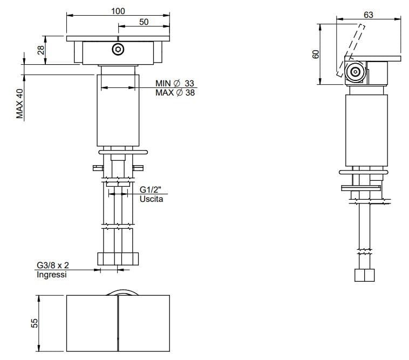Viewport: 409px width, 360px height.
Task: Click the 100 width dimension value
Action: [x=118, y=11]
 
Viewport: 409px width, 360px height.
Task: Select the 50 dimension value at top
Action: [x=144, y=22]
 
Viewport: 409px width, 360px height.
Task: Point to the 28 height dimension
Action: [x=40, y=50]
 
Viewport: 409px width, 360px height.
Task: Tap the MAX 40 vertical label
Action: [x=20, y=103]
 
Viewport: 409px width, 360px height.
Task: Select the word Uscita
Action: [x=151, y=199]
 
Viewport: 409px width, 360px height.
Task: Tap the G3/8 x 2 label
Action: [x=51, y=266]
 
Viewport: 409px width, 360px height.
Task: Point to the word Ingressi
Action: [x=51, y=275]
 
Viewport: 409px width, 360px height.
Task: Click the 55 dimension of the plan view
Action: [x=35, y=323]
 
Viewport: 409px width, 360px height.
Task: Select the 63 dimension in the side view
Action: [x=368, y=15]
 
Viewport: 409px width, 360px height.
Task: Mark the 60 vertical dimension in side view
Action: [x=316, y=54]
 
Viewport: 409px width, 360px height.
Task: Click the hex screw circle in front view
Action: [x=118, y=50]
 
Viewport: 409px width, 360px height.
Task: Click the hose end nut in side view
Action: [x=365, y=275]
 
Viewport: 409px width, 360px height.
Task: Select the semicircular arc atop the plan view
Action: [x=122, y=292]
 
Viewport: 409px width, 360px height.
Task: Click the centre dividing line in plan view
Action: [x=118, y=323]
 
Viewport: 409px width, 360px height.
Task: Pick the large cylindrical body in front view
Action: [x=118, y=111]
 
